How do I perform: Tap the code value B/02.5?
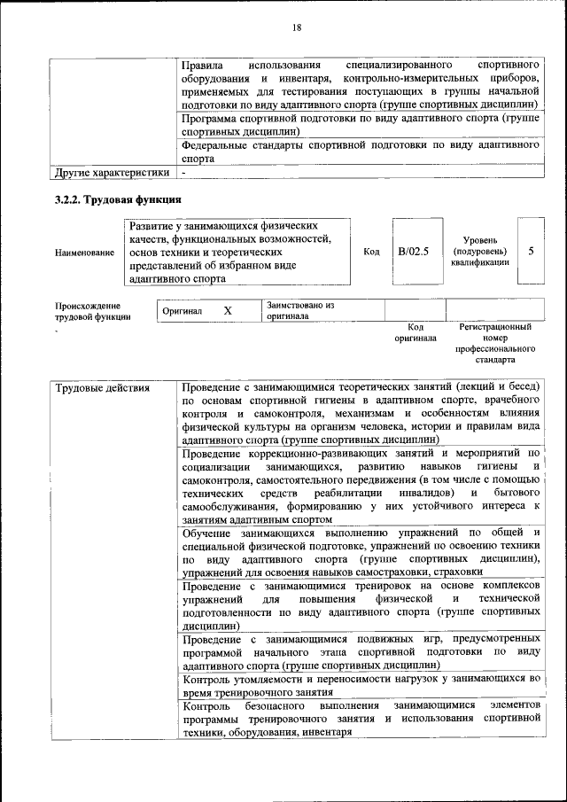click(x=413, y=252)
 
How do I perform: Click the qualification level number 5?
click(x=531, y=252)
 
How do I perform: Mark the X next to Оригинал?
click(x=228, y=311)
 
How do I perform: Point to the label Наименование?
click(x=85, y=253)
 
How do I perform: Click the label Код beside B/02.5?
click(x=371, y=252)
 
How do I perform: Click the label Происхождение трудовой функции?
click(x=93, y=310)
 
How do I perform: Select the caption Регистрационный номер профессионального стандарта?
click(x=495, y=344)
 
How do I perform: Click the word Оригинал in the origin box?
click(x=183, y=312)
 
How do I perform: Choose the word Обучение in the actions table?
click(x=206, y=532)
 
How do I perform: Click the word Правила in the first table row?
click(x=202, y=66)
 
